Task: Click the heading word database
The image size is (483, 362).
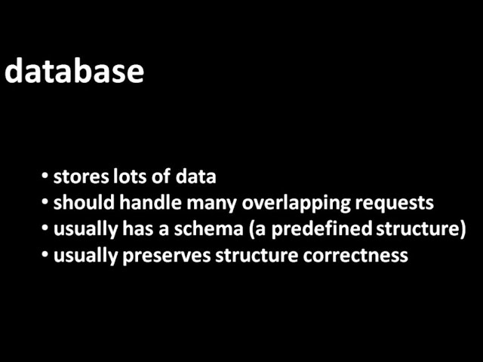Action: (x=74, y=71)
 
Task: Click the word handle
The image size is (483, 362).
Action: (x=140, y=204)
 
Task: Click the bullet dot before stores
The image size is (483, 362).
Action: (x=45, y=177)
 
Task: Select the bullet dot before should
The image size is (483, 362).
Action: (x=45, y=204)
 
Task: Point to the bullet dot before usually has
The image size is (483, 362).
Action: (x=45, y=229)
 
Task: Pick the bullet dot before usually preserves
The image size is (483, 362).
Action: (x=45, y=255)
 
